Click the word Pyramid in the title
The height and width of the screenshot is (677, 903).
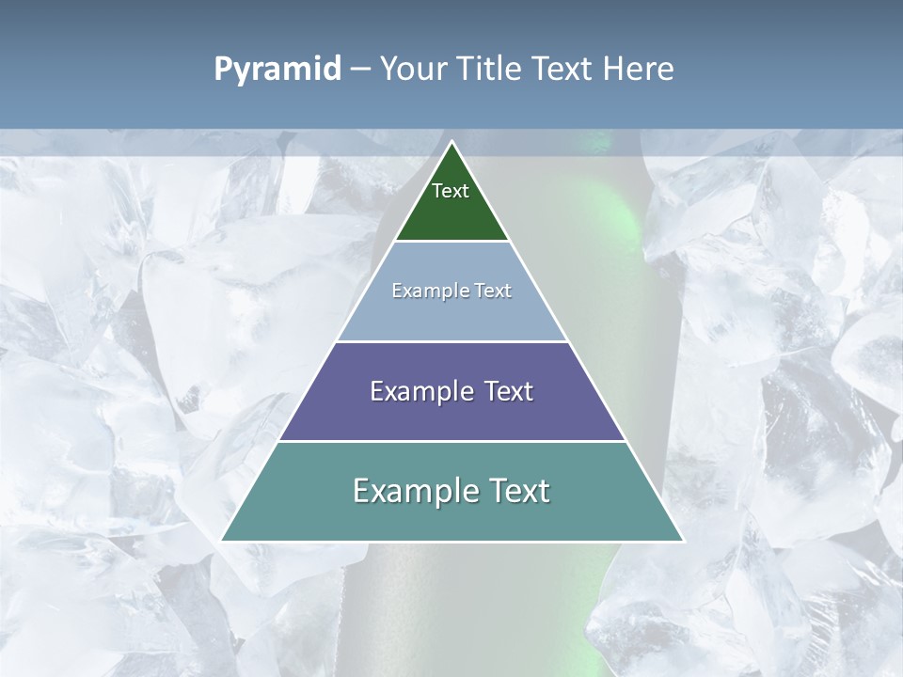tap(277, 70)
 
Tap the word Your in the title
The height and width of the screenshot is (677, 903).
tap(414, 70)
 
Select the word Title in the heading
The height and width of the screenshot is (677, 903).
tap(489, 70)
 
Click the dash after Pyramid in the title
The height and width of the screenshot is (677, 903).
tap(359, 70)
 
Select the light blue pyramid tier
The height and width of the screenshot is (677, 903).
tap(451, 315)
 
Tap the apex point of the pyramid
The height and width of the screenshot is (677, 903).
tap(451, 143)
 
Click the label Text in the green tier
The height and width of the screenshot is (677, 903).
tap(451, 191)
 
